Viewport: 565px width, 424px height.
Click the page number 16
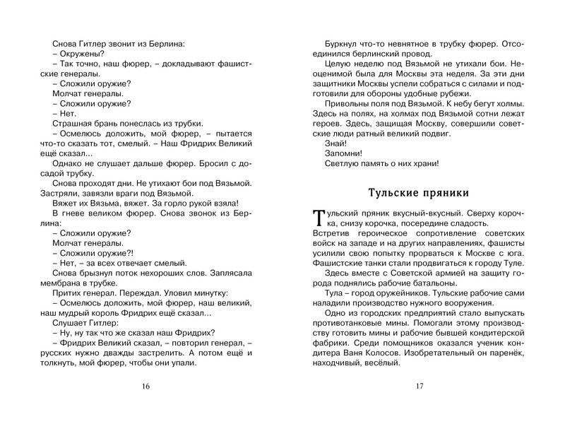click(146, 386)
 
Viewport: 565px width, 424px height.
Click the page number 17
click(419, 386)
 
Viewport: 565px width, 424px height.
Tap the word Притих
click(69, 292)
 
